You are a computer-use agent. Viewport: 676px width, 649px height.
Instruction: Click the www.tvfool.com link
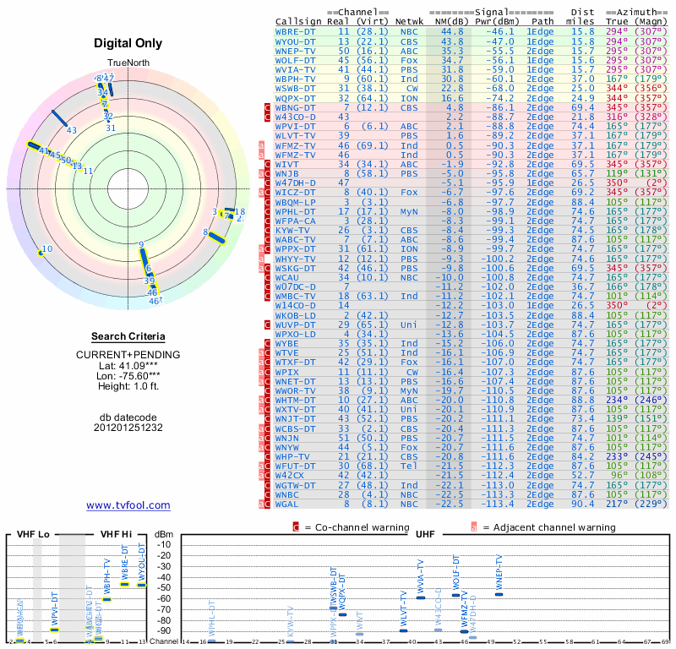pyautogui.click(x=128, y=505)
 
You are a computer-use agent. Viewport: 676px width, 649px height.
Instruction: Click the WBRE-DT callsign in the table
pyautogui.click(x=296, y=31)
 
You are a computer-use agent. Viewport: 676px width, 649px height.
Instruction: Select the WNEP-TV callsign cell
pyautogui.click(x=296, y=51)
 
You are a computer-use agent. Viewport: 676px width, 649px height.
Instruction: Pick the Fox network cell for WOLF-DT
pyautogui.click(x=409, y=60)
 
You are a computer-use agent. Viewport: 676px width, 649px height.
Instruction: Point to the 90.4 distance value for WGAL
pyautogui.click(x=582, y=504)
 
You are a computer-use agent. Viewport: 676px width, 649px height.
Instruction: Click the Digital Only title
pyautogui.click(x=128, y=42)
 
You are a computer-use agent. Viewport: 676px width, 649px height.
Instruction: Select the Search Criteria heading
pyautogui.click(x=128, y=336)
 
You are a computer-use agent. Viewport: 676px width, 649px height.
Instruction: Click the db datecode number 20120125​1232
pyautogui.click(x=128, y=428)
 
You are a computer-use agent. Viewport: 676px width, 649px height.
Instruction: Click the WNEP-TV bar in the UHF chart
pyautogui.click(x=499, y=594)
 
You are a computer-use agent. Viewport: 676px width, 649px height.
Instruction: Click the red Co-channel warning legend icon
pyautogui.click(x=296, y=527)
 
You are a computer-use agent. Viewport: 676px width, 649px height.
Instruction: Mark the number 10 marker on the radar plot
pyautogui.click(x=46, y=249)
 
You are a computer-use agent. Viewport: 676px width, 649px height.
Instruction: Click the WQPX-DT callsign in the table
pyautogui.click(x=296, y=98)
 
